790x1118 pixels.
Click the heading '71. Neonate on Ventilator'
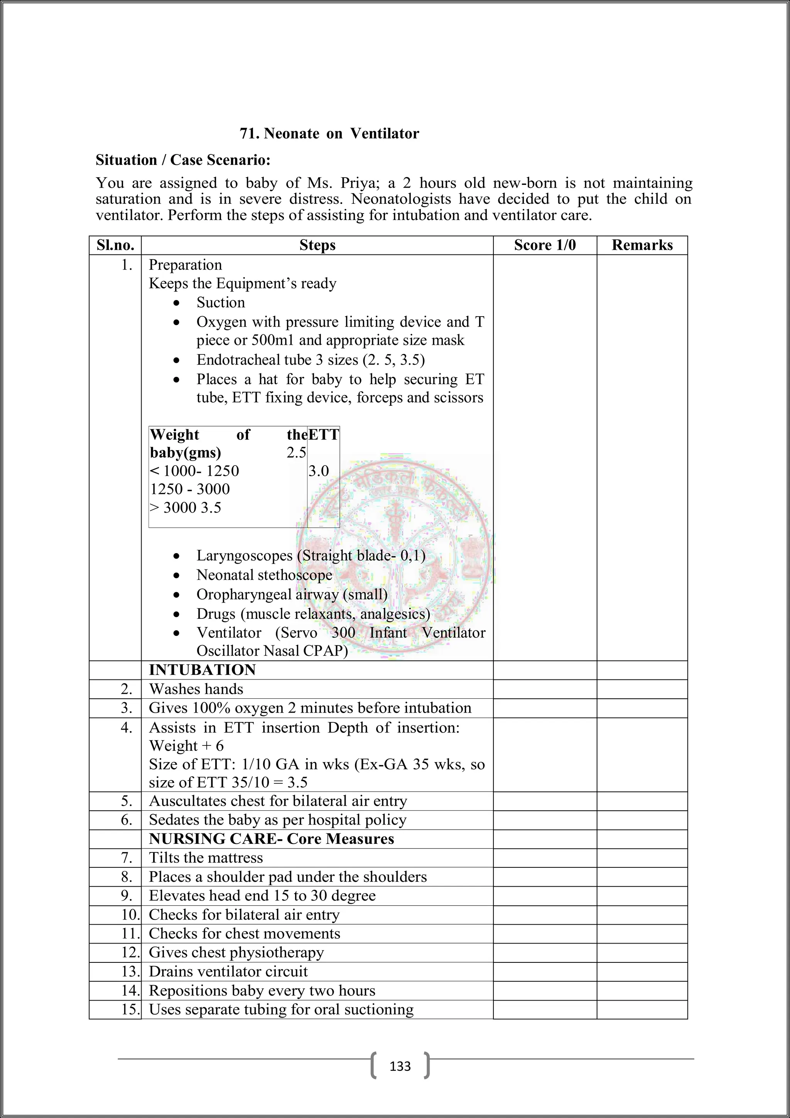pyautogui.click(x=329, y=134)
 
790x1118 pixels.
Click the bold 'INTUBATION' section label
pyautogui.click(x=202, y=670)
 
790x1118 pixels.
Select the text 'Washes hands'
pyautogui.click(x=196, y=689)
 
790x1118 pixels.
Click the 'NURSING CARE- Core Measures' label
pyautogui.click(x=272, y=839)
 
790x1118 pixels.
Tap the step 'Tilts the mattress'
pyautogui.click(x=206, y=858)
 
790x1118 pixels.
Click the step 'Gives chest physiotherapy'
pyautogui.click(x=236, y=952)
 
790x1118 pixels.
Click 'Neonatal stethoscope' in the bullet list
pyautogui.click(x=264, y=575)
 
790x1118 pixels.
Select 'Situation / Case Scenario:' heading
pyautogui.click(x=183, y=160)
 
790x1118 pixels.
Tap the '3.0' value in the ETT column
pyautogui.click(x=319, y=471)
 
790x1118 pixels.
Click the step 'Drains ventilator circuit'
pyautogui.click(x=228, y=971)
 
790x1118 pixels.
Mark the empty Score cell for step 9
pyautogui.click(x=544, y=896)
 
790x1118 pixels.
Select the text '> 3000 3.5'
pyautogui.click(x=185, y=508)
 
